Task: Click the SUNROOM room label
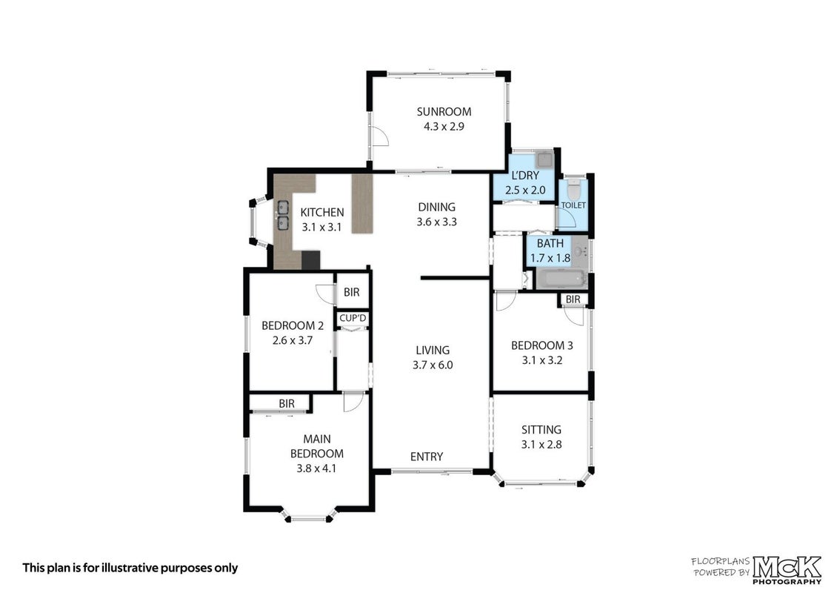[x=444, y=112]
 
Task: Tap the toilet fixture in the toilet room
[x=573, y=188]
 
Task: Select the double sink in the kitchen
[x=282, y=215]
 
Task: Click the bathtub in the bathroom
[x=561, y=279]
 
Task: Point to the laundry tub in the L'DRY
[x=544, y=159]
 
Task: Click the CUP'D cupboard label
[x=353, y=319]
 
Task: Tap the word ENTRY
[x=427, y=457]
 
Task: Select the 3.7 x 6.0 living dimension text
[x=433, y=365]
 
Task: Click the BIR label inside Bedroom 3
[x=573, y=299]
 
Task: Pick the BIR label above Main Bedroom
[x=287, y=404]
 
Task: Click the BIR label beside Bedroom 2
[x=351, y=292]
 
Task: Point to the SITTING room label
[x=541, y=429]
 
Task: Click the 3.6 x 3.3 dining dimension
[x=437, y=222]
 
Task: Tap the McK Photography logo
[x=787, y=569]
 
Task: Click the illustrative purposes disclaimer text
[x=130, y=568]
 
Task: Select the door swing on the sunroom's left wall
[x=379, y=136]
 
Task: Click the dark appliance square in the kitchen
[x=310, y=260]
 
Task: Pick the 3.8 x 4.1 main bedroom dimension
[x=316, y=468]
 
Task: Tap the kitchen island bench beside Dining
[x=362, y=204]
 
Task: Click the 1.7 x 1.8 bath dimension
[x=550, y=258]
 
